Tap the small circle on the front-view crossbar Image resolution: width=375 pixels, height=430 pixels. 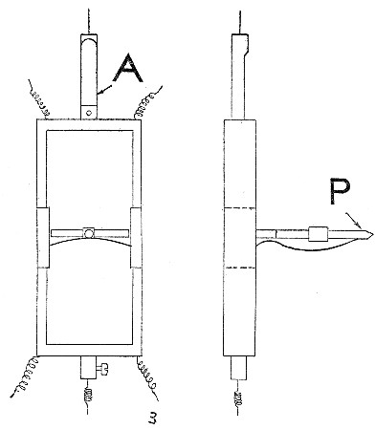[87, 232]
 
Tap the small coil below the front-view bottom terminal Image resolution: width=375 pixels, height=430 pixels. [86, 391]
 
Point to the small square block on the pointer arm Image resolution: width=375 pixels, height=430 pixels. [319, 232]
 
